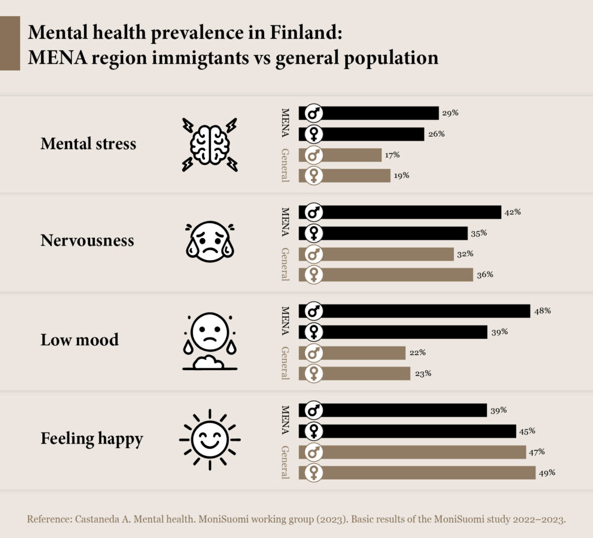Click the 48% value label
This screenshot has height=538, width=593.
click(542, 311)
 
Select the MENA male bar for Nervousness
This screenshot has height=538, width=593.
click(400, 213)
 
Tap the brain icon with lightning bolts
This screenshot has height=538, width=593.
click(210, 145)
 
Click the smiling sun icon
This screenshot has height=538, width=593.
click(210, 440)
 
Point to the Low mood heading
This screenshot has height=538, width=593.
click(79, 339)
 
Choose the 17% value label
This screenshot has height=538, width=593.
click(392, 155)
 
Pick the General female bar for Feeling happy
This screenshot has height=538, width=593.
click(417, 473)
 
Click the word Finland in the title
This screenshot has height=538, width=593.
click(306, 32)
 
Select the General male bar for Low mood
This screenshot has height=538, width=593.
click(352, 353)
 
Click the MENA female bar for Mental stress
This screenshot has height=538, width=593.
click(361, 134)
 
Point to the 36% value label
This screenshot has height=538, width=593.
click(485, 275)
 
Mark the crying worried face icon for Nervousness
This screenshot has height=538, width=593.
click(210, 241)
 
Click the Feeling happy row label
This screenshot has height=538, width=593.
click(92, 439)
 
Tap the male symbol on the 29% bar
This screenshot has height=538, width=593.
click(313, 113)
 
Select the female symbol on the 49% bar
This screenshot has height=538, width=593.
click(313, 473)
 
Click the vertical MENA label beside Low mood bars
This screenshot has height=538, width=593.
click(285, 321)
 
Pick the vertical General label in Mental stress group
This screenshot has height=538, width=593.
click(285, 165)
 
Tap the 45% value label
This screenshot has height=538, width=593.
click(527, 431)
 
